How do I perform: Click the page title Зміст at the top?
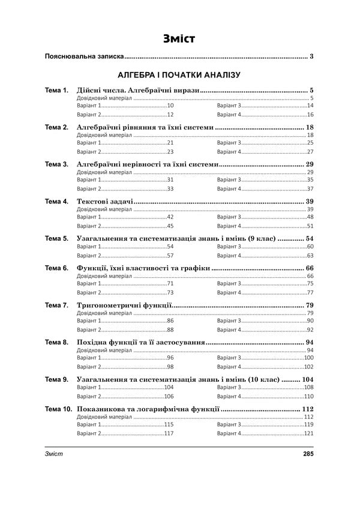179,39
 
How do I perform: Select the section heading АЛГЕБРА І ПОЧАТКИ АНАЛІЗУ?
179,75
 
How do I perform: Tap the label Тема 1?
57,91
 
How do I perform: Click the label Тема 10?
59,409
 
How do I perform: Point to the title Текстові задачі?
105,200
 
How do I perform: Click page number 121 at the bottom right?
310,433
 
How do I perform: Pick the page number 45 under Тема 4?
170,226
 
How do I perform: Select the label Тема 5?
57,238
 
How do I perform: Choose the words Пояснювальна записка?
85,57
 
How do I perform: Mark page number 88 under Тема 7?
170,330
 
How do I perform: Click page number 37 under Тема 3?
311,188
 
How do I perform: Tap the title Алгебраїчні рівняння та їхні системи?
145,127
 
